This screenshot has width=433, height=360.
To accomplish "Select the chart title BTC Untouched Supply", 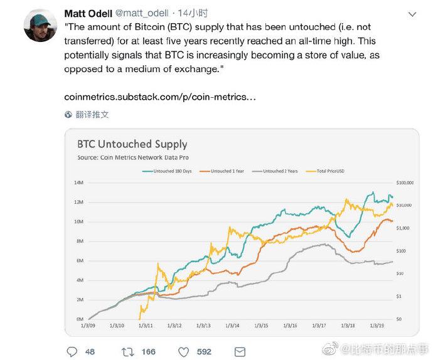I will point(132,144).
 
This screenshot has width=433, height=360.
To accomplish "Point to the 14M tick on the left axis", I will point(79,183).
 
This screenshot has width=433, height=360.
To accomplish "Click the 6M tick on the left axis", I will point(80,260).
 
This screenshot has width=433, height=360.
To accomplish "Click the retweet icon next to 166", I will point(127,351).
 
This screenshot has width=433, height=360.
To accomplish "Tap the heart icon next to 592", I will point(184,351).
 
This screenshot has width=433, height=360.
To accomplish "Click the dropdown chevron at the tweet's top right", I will point(412,14).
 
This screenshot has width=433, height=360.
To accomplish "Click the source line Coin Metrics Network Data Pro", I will point(132,157).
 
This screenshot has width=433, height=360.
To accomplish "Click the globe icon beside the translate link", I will point(68,115).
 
